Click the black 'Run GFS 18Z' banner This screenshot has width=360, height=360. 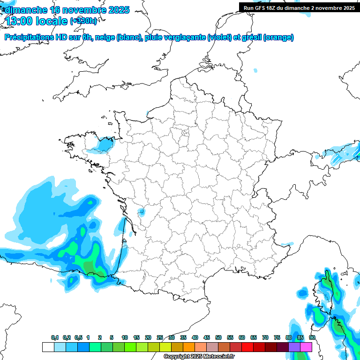pos(299,8)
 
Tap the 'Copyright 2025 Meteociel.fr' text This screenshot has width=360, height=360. pos(199,357)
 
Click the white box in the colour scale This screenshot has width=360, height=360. pos(48,347)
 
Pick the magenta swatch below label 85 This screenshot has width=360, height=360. pos(306,347)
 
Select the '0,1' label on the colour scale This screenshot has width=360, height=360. pos(55,338)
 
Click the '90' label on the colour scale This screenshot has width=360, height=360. pos(312,338)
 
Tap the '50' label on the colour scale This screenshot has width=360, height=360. pos(218,338)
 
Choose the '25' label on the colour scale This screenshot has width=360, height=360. pos(160,338)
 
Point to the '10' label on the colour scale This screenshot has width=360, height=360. pos(125,338)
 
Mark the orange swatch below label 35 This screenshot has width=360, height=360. pos(189,347)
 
